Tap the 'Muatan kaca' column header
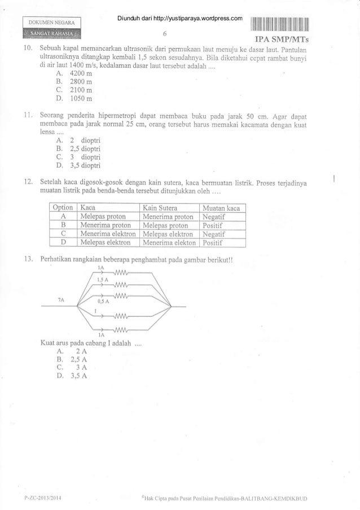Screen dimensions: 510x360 (221, 208)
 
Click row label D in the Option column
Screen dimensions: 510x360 (64, 243)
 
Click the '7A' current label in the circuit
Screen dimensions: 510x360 (60, 300)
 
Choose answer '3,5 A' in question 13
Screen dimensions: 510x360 (69, 378)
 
